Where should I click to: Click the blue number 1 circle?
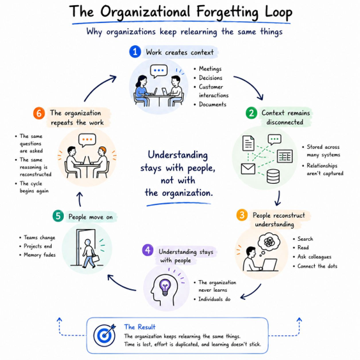pos(135,52)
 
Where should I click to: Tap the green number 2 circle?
pos(251,113)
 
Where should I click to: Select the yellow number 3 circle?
pos(242,215)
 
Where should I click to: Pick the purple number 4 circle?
pos(148,250)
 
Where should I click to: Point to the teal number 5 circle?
pos(58,216)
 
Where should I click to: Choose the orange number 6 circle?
pos(39,113)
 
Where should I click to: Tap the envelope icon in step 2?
pos(248,169)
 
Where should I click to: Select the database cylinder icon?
pos(273,176)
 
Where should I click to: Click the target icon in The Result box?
pos(105,335)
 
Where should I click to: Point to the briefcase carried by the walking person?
pos(96,259)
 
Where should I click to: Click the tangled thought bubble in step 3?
pos(269,241)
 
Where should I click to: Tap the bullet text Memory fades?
pos(40,255)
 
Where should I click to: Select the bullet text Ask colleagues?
pos(314,257)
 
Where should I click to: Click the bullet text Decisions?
pos(211,78)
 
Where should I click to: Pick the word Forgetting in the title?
pos(227,12)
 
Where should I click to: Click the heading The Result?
pos(140,327)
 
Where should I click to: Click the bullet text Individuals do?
pos(214,299)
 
